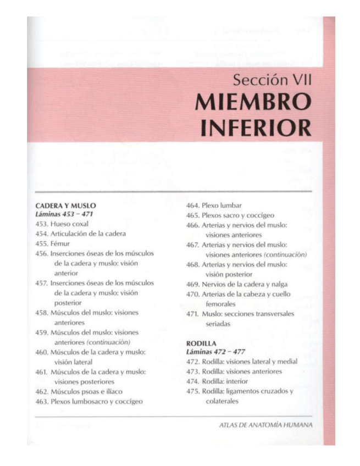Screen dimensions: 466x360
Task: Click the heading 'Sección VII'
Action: coord(272,81)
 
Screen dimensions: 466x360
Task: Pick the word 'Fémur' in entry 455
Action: coord(60,243)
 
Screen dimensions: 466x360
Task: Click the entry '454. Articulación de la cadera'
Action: coord(80,234)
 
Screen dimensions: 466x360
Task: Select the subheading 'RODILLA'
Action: coord(199,343)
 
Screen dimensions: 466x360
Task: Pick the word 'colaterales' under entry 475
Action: coord(224,401)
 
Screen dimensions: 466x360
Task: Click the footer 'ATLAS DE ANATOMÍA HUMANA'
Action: coord(265,425)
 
